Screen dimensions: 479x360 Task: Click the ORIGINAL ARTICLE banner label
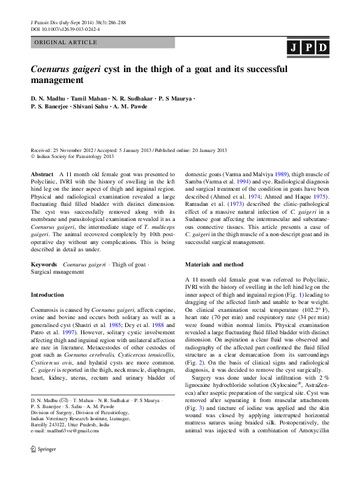[66, 42]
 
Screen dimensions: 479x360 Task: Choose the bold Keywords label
[44, 265]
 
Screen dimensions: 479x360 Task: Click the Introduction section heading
[47, 294]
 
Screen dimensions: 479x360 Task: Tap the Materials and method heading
[214, 265]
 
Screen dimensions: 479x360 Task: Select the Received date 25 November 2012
[75, 150]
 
